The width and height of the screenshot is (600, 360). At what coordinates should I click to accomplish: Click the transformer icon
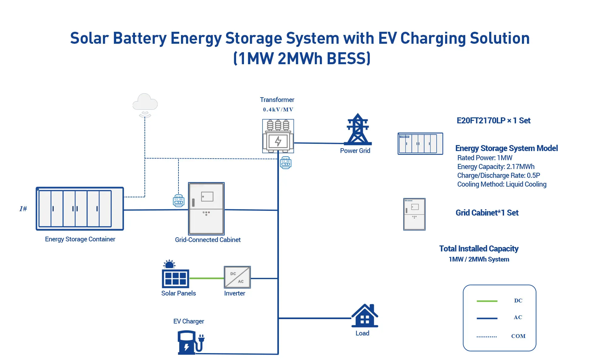tap(278, 136)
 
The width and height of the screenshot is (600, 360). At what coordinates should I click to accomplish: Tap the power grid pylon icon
tap(358, 130)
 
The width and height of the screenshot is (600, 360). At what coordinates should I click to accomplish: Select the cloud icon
tap(145, 102)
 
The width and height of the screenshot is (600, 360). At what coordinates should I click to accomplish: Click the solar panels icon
tap(175, 276)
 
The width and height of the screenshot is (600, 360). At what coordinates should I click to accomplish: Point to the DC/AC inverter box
tap(237, 277)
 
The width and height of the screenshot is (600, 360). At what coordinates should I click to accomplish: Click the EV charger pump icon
tap(190, 342)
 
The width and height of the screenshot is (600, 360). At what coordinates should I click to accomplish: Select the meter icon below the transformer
tap(286, 163)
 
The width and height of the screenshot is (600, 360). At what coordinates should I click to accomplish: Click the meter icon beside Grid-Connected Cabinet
tap(178, 200)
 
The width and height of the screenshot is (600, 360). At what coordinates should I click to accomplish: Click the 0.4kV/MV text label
tap(278, 110)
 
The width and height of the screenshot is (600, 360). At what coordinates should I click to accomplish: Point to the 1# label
tap(23, 209)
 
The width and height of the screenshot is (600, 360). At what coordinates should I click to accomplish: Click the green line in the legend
tap(487, 301)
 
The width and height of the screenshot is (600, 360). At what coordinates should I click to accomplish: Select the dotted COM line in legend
tap(487, 337)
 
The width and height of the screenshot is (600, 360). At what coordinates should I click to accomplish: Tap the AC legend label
tap(518, 318)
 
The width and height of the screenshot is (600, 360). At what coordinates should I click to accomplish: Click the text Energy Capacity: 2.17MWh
tap(495, 167)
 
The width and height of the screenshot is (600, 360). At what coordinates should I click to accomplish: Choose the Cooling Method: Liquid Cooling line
tap(501, 184)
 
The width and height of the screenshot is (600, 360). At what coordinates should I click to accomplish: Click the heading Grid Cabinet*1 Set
tap(487, 213)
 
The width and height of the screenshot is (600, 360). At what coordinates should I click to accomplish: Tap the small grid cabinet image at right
tap(414, 214)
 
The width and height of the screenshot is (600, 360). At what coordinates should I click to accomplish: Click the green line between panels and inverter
tap(206, 278)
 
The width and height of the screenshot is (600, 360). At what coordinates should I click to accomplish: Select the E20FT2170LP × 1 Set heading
tap(493, 121)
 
